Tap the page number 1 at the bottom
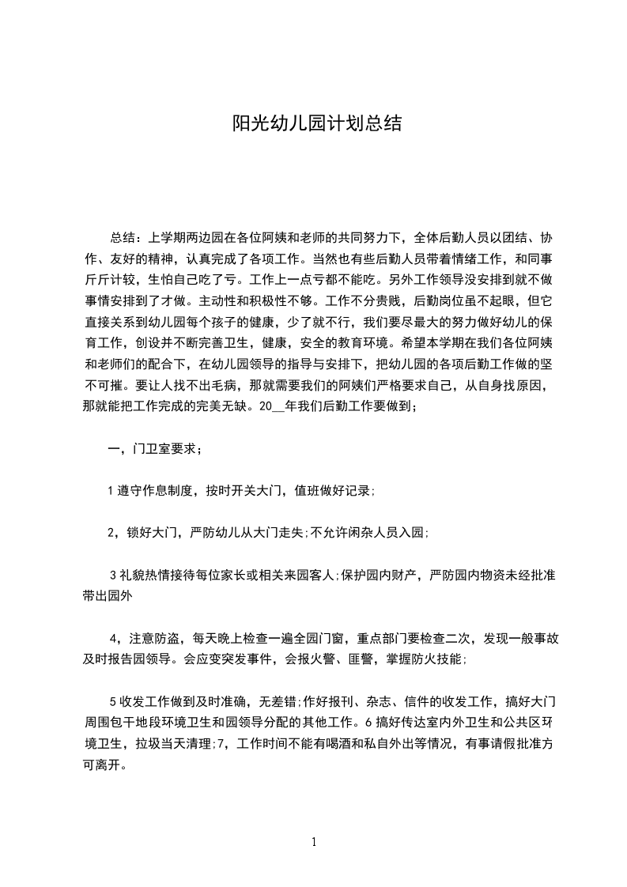click(314, 842)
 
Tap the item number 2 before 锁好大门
click(111, 532)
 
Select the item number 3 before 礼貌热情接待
click(112, 574)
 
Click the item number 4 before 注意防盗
click(113, 637)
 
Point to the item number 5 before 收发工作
click(112, 700)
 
